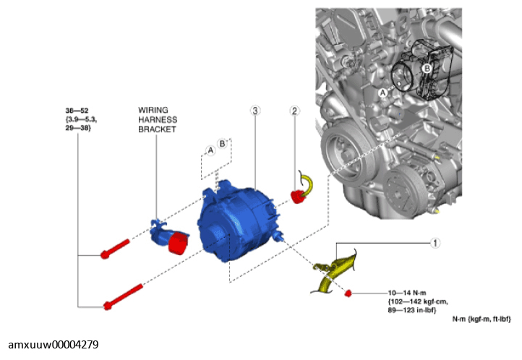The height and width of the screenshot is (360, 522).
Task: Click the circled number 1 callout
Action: [435, 243]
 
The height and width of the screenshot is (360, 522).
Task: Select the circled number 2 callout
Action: [294, 111]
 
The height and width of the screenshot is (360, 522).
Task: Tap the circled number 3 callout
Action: [254, 111]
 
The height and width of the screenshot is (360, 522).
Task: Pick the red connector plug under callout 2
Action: [296, 197]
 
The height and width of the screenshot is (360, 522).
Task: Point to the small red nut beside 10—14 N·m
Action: [348, 293]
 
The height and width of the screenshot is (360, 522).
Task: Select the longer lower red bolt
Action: [123, 297]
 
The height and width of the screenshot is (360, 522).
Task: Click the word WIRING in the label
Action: [153, 110]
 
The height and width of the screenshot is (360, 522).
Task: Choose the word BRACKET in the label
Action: [157, 129]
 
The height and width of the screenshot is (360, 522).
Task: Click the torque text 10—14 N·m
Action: [406, 293]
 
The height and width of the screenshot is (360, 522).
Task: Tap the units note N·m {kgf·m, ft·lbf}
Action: [482, 319]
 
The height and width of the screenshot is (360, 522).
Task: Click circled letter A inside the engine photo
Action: [383, 92]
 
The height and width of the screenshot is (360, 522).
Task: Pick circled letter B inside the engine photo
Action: [427, 67]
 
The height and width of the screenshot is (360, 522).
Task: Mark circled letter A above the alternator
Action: [210, 150]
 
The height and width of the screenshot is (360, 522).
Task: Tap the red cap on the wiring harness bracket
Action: [176, 244]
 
